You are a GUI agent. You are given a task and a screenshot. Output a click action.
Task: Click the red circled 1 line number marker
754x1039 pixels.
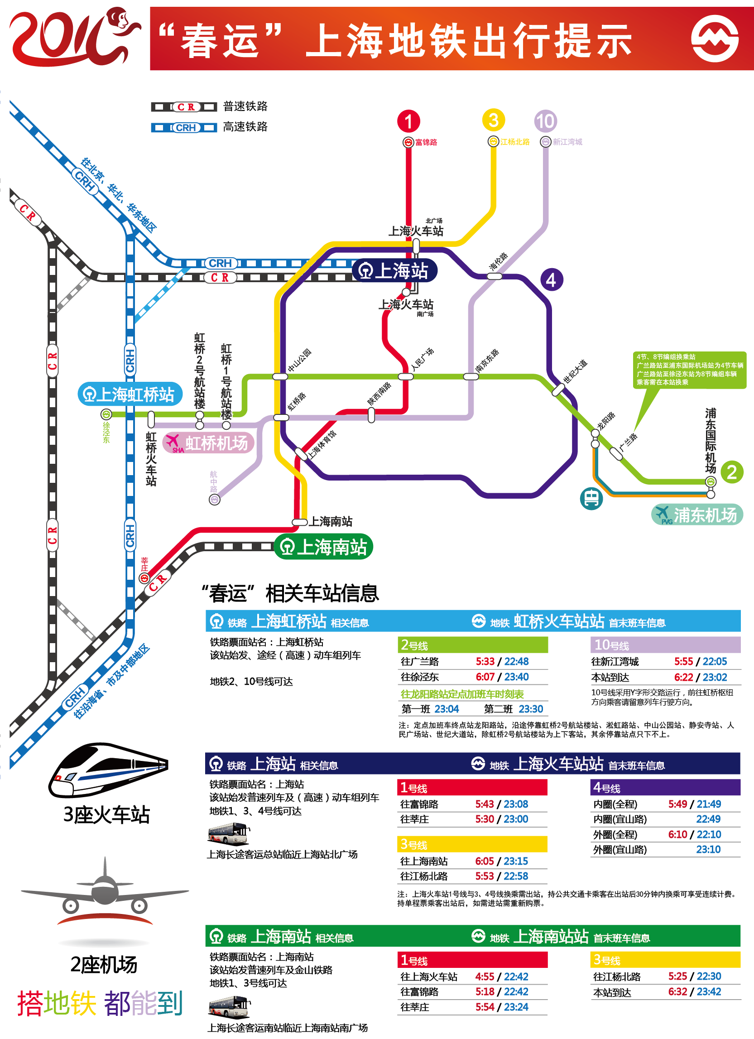point(408,121)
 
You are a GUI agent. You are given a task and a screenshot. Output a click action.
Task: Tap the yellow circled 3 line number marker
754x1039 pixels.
point(493,120)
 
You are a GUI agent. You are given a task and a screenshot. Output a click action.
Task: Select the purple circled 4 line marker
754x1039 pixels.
point(551,280)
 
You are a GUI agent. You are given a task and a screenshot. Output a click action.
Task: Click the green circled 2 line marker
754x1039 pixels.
point(731,472)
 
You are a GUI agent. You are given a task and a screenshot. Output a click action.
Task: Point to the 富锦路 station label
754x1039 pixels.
point(426,143)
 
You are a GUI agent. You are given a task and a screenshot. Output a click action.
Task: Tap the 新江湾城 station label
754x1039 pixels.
point(567,142)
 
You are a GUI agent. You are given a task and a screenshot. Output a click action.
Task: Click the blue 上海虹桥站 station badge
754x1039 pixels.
point(130,394)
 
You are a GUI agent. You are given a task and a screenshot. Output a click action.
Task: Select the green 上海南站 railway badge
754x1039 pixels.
point(323,547)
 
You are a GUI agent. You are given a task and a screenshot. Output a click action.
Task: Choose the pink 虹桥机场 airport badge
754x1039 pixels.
point(208,443)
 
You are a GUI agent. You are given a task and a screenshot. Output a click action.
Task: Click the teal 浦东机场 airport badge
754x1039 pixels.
point(697,515)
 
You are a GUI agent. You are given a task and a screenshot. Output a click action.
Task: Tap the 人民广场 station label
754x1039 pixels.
point(423,359)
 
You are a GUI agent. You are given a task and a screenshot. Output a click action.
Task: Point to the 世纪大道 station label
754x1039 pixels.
point(575,371)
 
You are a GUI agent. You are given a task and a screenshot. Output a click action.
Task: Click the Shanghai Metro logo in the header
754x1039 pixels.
point(714,38)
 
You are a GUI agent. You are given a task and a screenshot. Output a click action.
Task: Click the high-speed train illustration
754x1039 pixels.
point(109,770)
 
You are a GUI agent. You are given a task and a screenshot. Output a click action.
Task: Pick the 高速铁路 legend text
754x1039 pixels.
point(245,127)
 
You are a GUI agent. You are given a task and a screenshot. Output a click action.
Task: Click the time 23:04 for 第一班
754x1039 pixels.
point(446,709)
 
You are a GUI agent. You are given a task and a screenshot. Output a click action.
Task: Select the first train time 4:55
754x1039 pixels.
point(484,976)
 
